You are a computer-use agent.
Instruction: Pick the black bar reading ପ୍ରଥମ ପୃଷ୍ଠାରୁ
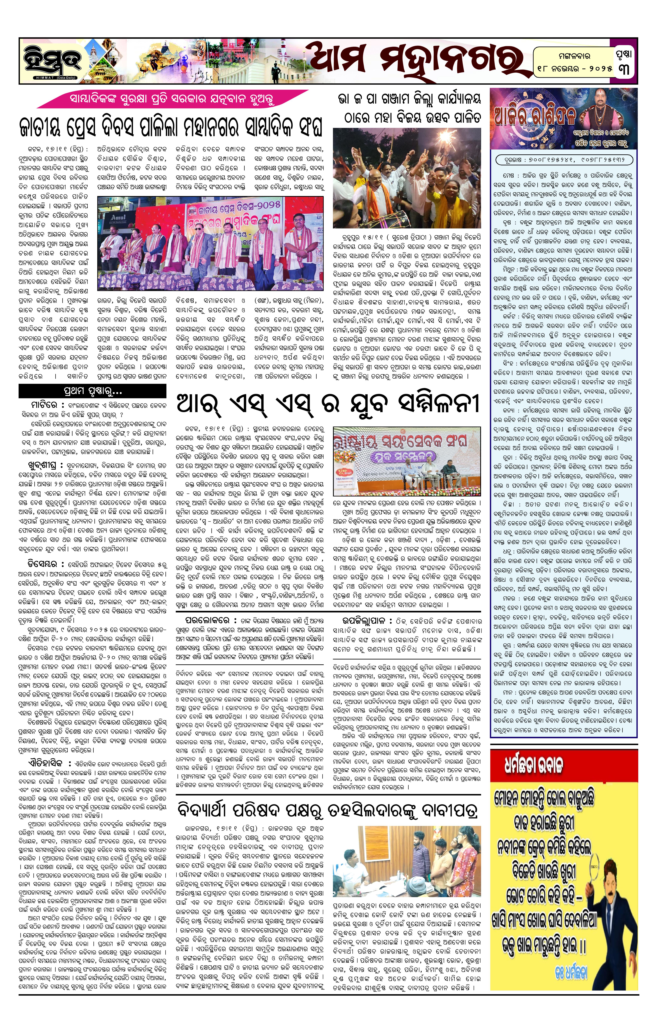[92, 391]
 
